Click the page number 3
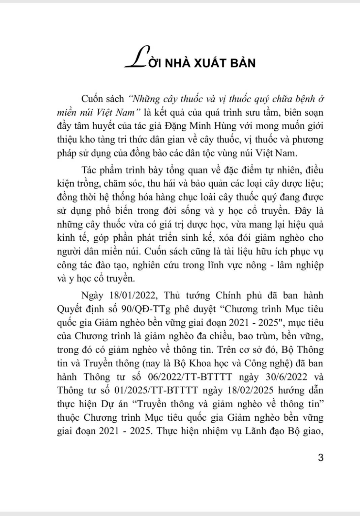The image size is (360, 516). coord(320,458)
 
